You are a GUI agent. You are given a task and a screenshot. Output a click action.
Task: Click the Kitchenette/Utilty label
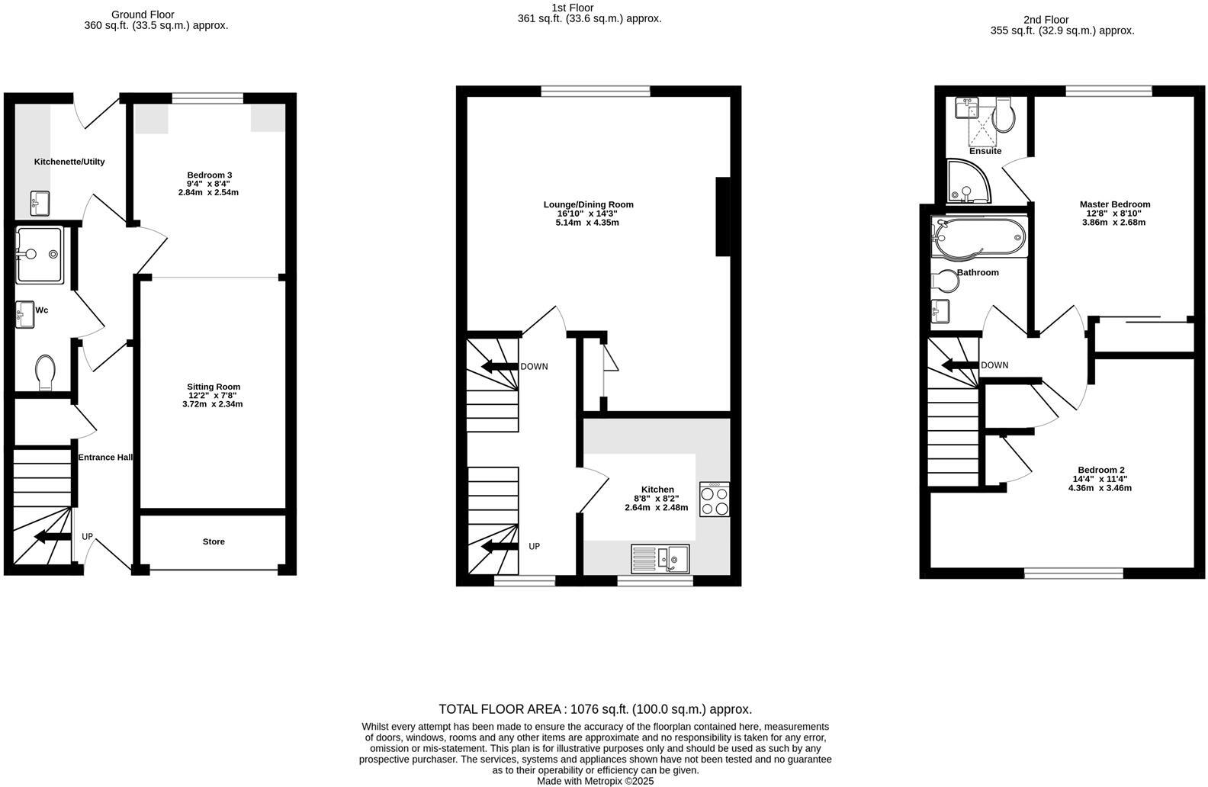69,162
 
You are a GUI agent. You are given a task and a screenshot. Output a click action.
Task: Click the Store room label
214,541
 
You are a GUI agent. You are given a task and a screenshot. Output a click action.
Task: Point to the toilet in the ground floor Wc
45,371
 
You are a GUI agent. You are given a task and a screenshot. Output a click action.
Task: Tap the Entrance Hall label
105,458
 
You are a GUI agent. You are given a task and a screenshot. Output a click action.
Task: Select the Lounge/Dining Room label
588,204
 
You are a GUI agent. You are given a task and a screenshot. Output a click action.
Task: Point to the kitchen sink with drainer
660,558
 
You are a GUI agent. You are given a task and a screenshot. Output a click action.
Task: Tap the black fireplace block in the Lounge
722,217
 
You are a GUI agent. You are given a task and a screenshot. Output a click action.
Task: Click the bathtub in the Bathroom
979,238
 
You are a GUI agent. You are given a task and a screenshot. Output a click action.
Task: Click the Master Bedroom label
1114,204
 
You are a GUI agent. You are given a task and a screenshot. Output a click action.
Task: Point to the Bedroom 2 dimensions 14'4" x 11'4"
1100,483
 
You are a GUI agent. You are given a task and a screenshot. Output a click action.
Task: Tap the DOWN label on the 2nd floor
994,365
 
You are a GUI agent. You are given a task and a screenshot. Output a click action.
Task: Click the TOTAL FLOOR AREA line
595,709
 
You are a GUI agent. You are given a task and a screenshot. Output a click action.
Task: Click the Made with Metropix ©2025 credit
595,781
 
